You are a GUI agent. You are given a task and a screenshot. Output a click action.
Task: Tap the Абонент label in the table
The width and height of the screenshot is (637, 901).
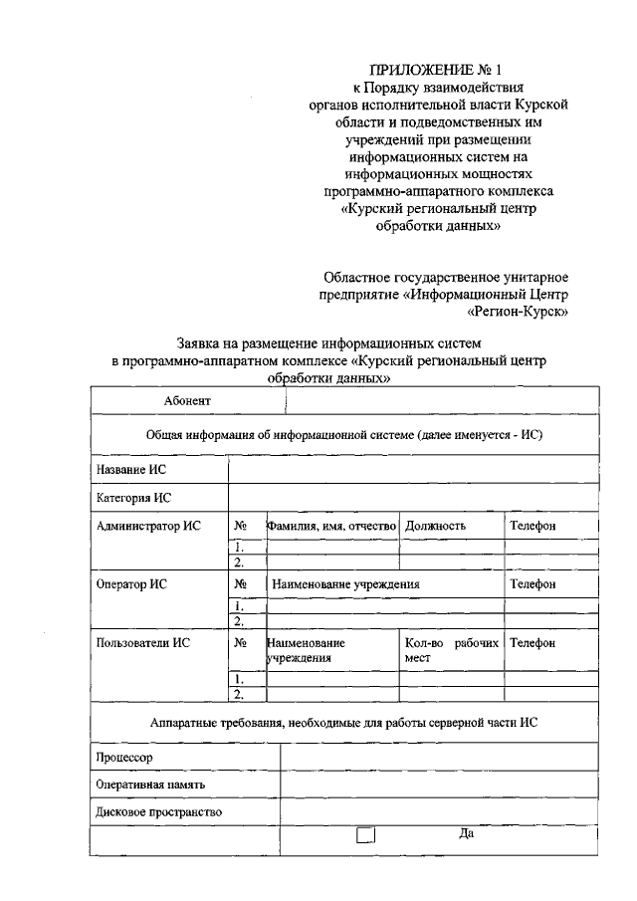click(187, 400)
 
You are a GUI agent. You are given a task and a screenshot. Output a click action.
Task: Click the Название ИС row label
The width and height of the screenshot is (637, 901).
click(129, 469)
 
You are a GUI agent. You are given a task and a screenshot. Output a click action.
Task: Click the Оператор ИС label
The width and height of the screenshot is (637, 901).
click(130, 583)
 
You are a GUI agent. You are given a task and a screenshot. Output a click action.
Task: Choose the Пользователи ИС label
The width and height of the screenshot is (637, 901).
click(141, 642)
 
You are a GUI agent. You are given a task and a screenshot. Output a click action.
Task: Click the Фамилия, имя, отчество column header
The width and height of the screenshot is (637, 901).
click(332, 525)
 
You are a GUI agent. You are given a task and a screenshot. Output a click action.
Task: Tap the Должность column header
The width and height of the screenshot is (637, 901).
click(435, 525)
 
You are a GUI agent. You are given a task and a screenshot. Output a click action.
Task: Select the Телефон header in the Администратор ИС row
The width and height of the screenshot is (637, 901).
click(532, 525)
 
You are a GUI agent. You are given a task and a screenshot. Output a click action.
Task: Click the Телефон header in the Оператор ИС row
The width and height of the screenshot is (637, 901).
click(532, 583)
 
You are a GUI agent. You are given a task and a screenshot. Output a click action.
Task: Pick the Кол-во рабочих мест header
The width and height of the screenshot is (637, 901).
click(451, 650)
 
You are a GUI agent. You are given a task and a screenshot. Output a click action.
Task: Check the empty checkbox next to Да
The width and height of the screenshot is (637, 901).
click(365, 836)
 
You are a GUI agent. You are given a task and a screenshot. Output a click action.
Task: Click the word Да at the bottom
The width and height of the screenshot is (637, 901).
click(465, 834)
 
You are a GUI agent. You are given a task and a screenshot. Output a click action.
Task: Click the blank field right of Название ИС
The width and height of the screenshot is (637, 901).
click(414, 469)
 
